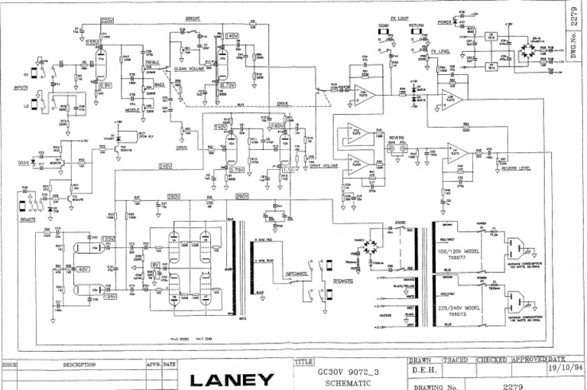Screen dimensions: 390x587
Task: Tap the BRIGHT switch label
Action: [193, 18]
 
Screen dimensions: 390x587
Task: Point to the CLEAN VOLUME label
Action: [191, 69]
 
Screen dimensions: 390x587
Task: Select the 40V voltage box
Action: [83, 269]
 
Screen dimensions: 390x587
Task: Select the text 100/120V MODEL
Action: [456, 250]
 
